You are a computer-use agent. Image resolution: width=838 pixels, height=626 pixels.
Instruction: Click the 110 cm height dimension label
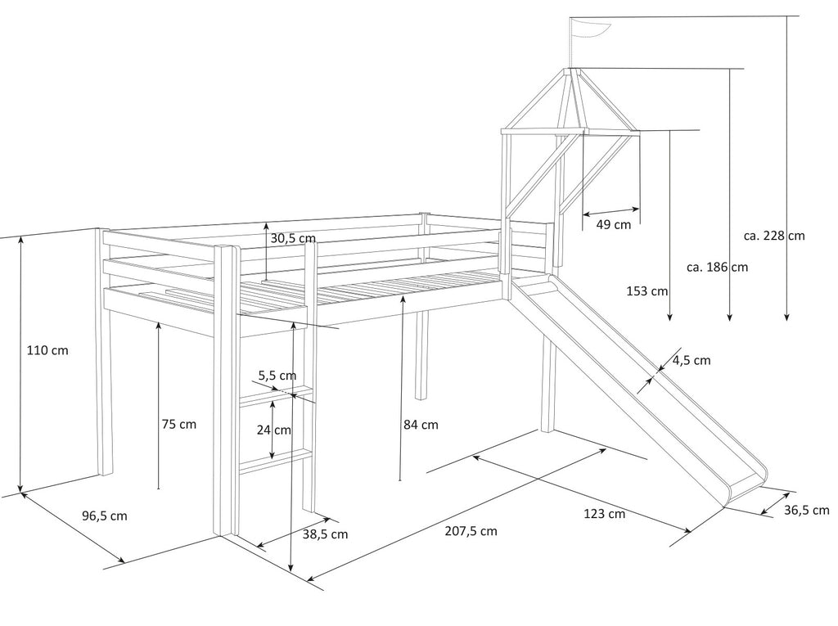[x=47, y=350]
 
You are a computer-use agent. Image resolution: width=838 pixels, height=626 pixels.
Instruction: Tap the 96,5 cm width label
[x=104, y=516]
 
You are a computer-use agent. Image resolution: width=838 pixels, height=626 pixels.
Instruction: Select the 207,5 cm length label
[x=471, y=531]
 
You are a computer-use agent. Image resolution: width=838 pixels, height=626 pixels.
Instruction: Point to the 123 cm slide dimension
[x=605, y=514]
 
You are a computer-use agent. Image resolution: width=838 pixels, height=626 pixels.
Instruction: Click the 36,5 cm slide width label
[x=806, y=510]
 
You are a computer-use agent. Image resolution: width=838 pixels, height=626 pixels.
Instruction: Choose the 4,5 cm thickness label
[x=691, y=360]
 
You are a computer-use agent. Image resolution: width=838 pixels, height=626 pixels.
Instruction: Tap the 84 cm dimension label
[x=421, y=425]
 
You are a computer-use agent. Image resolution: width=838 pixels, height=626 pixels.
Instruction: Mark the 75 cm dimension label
[x=178, y=425]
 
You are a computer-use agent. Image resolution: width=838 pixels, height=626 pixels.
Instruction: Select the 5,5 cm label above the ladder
[x=277, y=376]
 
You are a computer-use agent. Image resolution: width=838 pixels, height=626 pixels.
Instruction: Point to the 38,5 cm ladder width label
[x=325, y=534]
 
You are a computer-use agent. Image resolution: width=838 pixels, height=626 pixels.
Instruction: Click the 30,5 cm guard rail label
[x=292, y=238]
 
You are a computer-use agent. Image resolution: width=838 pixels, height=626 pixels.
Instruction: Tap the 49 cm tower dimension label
[x=613, y=224]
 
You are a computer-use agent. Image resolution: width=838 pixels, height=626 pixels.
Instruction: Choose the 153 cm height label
[x=647, y=291]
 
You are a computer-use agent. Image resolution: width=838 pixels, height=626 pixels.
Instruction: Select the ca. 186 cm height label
[x=717, y=267]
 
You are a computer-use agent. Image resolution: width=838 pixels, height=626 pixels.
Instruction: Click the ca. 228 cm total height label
[x=774, y=236]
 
